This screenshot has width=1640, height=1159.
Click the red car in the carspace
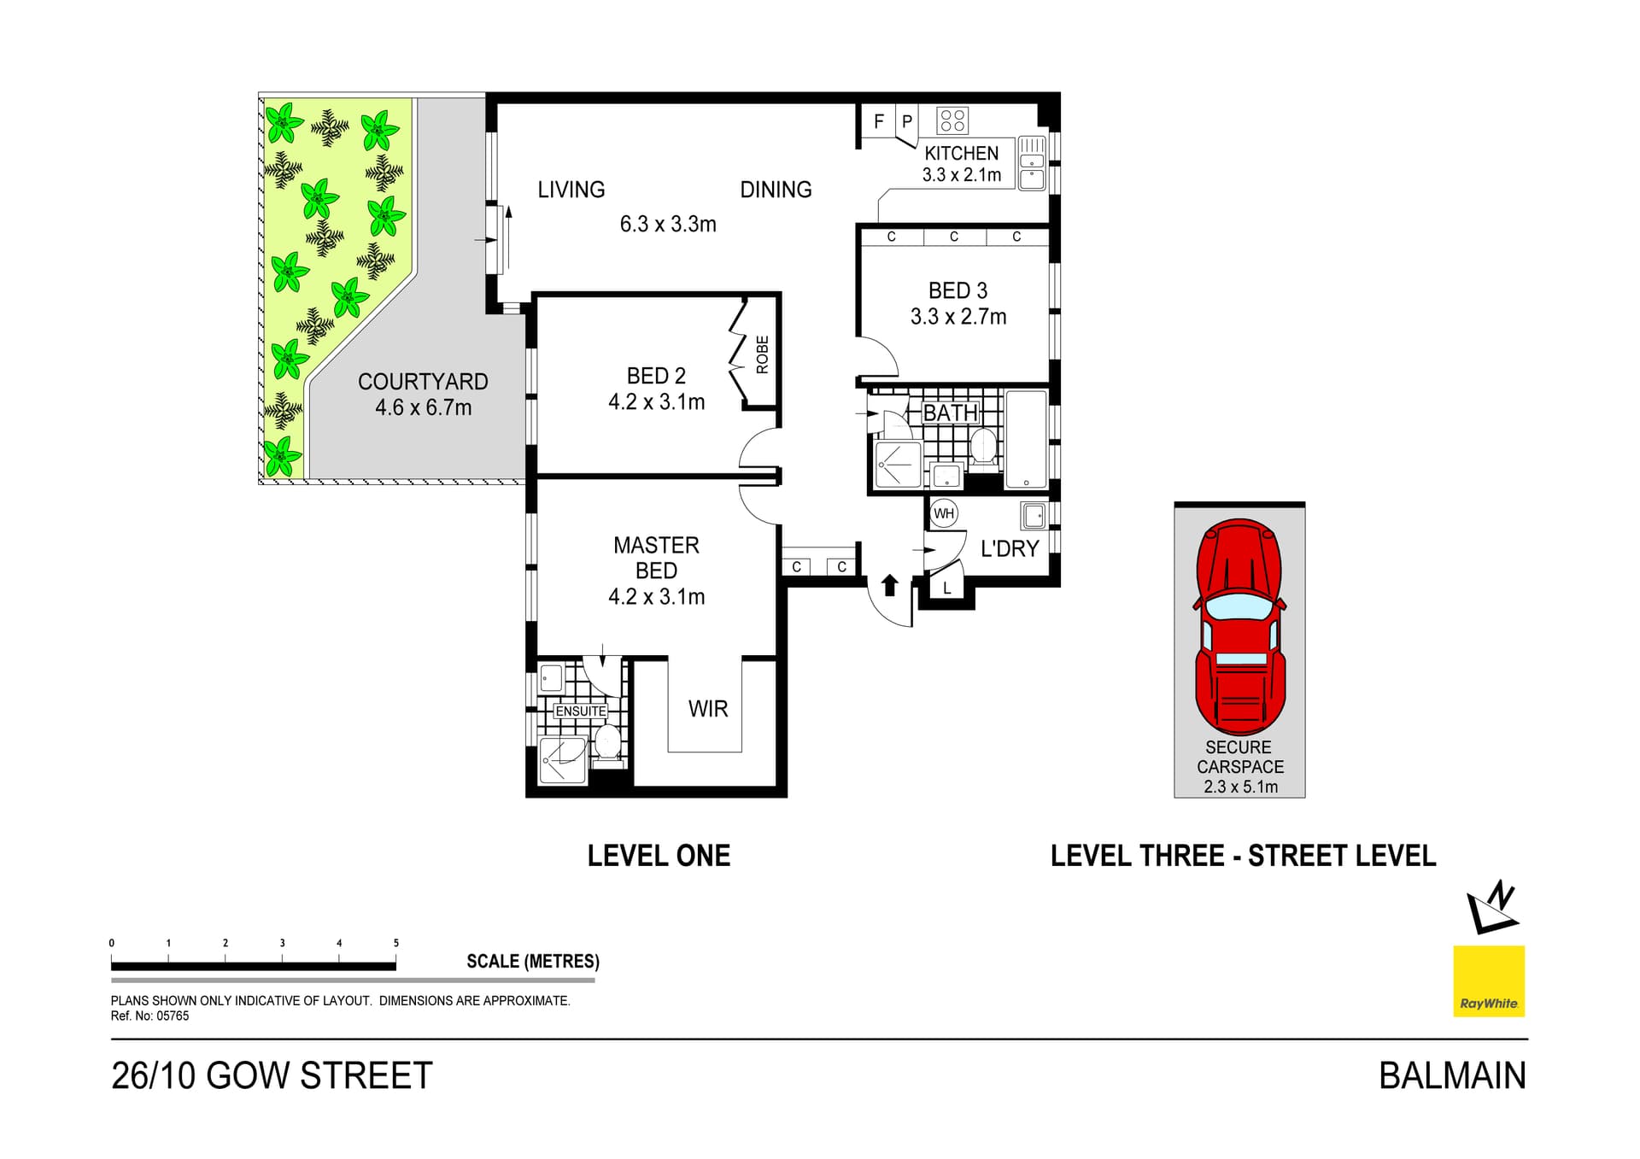(1239, 628)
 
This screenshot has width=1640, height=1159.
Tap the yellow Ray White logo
(1489, 980)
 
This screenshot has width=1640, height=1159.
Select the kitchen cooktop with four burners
(952, 120)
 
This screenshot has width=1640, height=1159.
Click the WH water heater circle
(943, 513)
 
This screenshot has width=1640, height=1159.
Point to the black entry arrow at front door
(889, 585)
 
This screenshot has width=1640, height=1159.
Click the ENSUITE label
(581, 711)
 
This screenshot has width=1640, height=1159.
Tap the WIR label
(708, 709)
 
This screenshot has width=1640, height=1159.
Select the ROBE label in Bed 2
(762, 354)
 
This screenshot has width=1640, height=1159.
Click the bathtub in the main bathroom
(1026, 440)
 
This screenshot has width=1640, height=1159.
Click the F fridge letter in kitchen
(878, 122)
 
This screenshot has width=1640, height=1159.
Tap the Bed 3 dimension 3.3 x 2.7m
(958, 317)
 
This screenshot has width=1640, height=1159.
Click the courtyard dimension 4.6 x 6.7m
(423, 407)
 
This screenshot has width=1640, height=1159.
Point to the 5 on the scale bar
(395, 943)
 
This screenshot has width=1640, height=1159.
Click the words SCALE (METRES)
(532, 962)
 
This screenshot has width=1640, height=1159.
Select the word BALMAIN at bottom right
(1451, 1075)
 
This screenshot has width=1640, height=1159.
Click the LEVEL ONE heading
(659, 856)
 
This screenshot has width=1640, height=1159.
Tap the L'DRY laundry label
(1009, 548)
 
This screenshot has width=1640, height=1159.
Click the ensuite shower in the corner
(563, 759)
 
